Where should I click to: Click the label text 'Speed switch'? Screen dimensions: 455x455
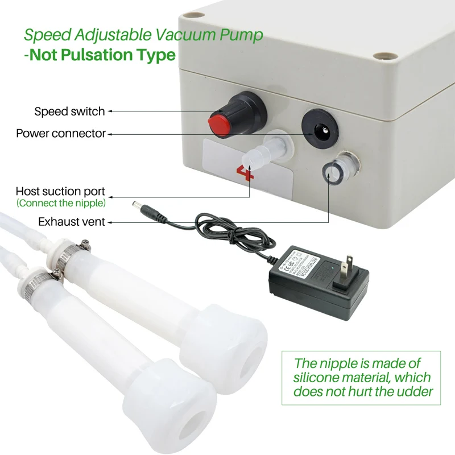click(69, 111)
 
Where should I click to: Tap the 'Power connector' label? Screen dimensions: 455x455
click(61, 134)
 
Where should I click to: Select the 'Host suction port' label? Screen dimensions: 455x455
click(60, 192)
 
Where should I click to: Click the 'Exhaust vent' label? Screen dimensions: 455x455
click(72, 221)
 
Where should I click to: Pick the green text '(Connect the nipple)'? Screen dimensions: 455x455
click(61, 203)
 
